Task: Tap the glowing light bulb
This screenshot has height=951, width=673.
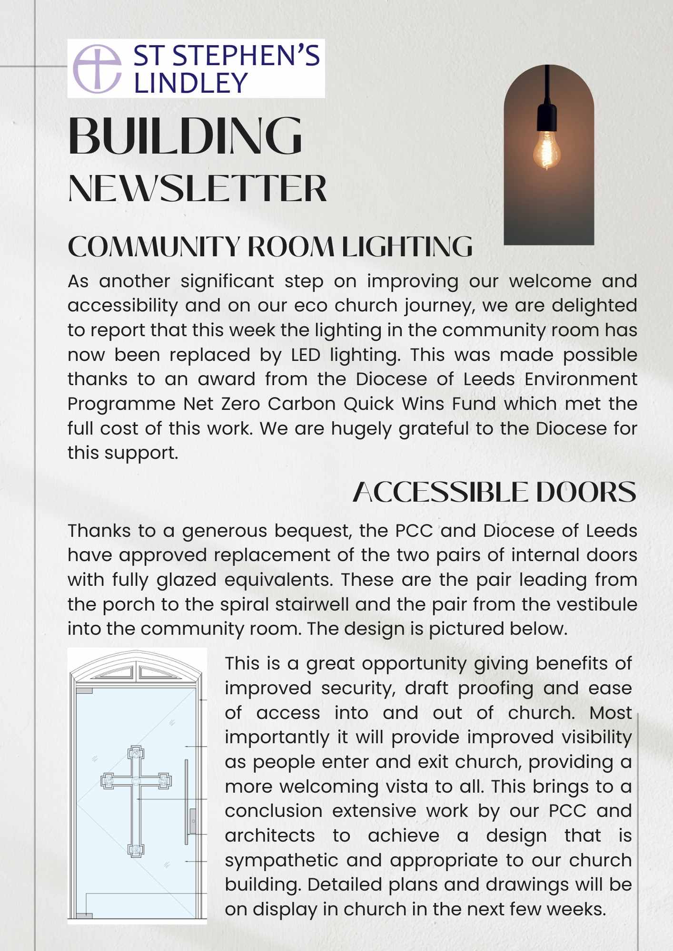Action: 547,151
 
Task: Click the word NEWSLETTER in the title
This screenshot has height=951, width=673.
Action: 198,189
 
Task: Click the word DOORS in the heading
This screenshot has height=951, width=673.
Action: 586,492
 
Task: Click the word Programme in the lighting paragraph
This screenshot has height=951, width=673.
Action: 122,404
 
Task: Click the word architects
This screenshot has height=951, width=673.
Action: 270,835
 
